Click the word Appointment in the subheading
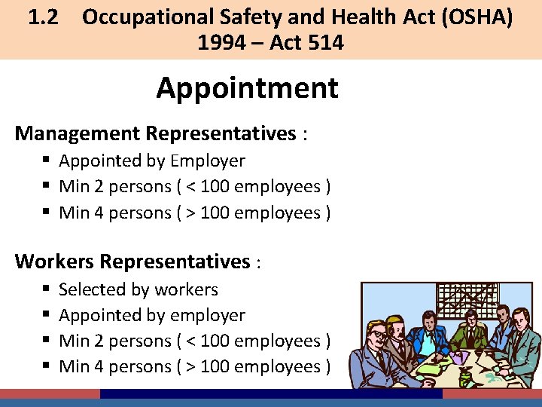pyautogui.click(x=247, y=89)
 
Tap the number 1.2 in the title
pyautogui.click(x=44, y=17)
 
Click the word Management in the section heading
pyautogui.click(x=78, y=133)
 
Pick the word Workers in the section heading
pyautogui.click(x=54, y=262)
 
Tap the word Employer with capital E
pyautogui.click(x=208, y=161)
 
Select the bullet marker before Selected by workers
pyautogui.click(x=47, y=290)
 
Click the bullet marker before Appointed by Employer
pyautogui.click(x=47, y=161)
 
